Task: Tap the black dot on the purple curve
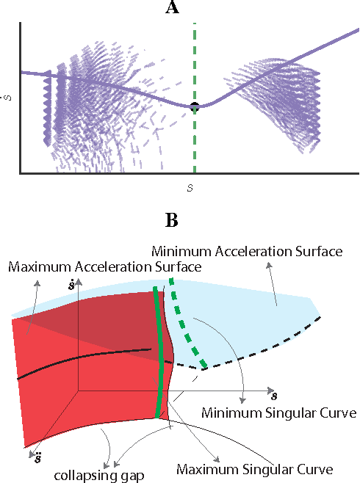[194, 107]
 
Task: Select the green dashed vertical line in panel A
[194, 59]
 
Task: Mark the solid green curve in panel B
[159, 352]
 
